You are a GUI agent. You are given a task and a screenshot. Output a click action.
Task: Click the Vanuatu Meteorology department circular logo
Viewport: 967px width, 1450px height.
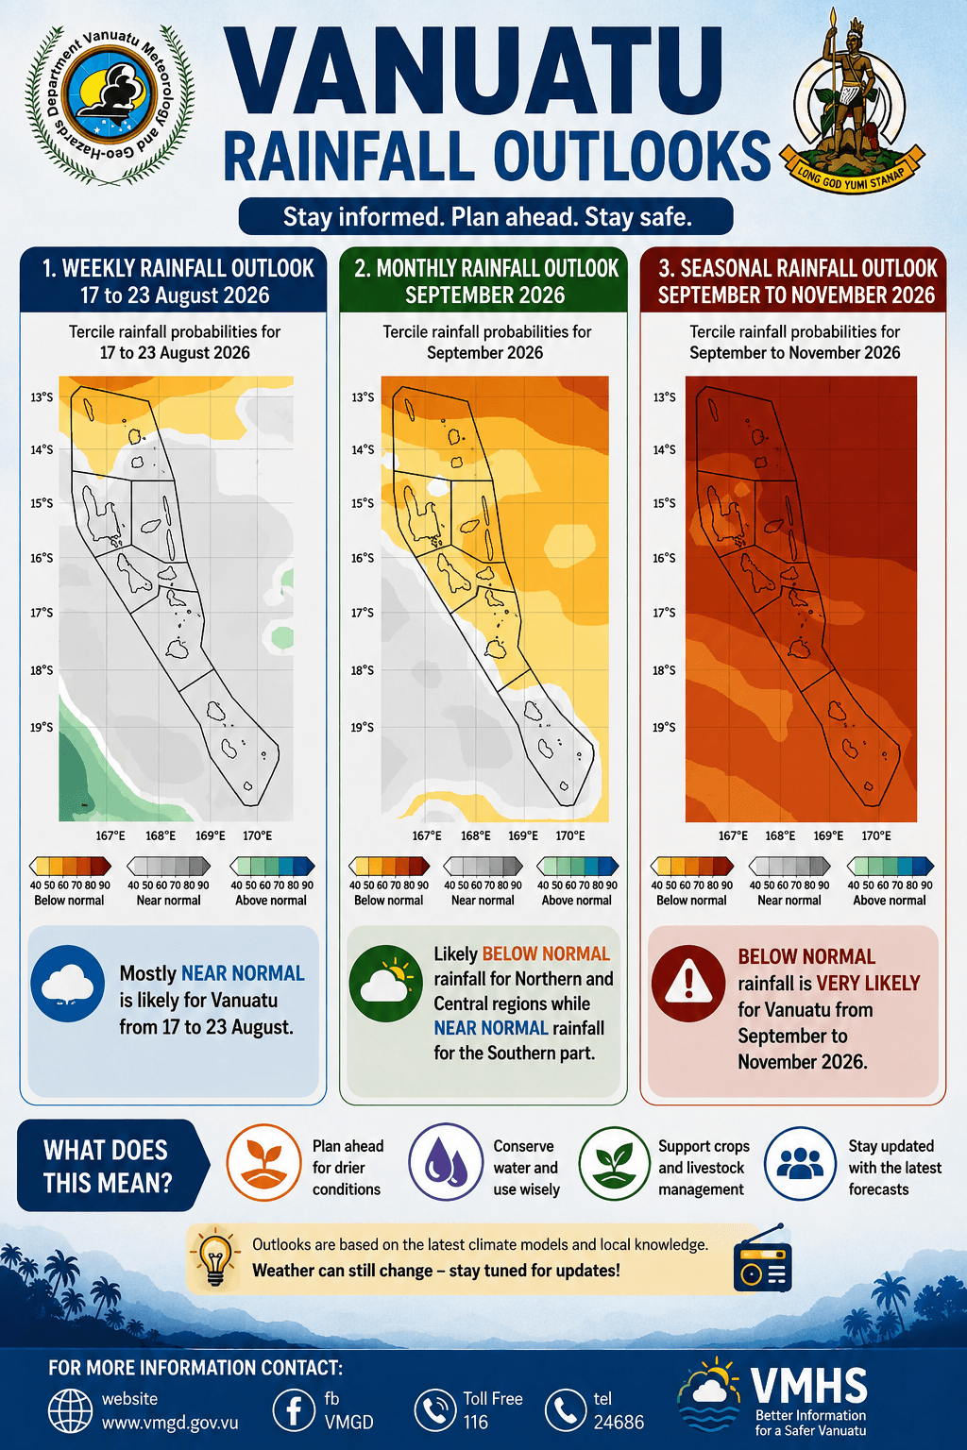tap(110, 105)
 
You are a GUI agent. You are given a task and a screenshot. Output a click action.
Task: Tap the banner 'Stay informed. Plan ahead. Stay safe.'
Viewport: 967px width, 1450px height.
tap(485, 216)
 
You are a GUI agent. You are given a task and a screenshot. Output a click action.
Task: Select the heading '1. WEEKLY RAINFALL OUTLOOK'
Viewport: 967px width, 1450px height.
tap(178, 268)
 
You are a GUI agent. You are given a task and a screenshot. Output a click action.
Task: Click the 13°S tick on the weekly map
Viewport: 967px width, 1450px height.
tap(42, 396)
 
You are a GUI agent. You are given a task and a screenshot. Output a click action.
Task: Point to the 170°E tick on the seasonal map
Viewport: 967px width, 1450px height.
tap(875, 835)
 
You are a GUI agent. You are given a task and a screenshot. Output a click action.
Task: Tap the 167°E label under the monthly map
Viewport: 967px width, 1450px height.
tap(427, 835)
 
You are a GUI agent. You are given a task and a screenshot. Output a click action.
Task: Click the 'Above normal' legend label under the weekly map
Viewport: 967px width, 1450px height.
tap(271, 900)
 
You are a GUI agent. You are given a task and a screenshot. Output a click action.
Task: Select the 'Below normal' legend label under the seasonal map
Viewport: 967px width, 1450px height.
tap(691, 900)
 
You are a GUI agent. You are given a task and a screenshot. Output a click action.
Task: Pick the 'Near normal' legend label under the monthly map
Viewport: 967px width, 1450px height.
tap(483, 900)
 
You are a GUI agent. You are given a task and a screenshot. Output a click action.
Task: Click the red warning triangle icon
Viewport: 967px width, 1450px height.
tap(688, 983)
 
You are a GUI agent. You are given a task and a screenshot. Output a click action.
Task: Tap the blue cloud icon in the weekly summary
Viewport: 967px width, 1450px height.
tap(67, 984)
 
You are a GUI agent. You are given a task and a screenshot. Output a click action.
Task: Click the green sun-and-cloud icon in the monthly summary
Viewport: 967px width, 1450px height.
tap(386, 984)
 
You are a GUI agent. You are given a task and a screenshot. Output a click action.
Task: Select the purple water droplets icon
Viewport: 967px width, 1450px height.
tap(446, 1163)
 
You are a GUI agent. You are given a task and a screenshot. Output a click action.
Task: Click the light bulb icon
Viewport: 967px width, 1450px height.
tap(215, 1259)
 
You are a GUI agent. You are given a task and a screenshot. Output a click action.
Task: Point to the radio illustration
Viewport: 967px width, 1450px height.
tap(762, 1259)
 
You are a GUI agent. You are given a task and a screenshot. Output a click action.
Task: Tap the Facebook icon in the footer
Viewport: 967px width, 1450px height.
tap(294, 1410)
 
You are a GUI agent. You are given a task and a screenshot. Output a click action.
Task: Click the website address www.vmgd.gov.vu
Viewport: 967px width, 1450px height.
tap(170, 1423)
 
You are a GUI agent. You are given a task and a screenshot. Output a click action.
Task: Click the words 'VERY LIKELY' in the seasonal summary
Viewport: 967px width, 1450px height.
tap(868, 984)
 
